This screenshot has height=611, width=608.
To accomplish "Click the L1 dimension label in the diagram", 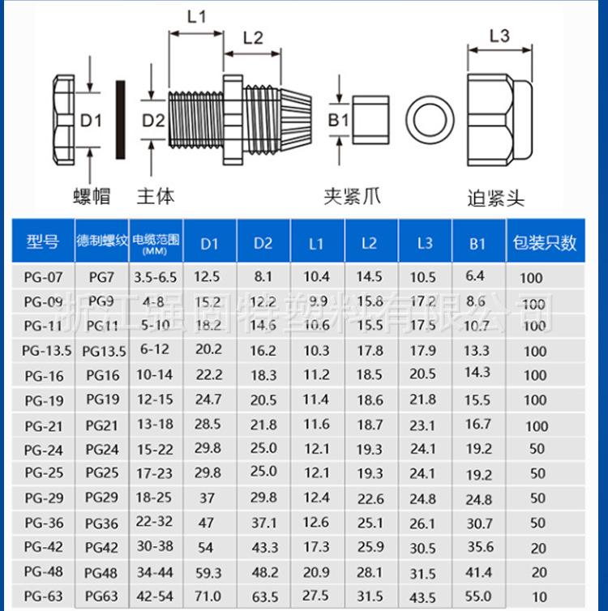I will click(x=197, y=15).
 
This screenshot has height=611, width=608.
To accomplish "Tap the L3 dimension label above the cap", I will click(x=499, y=36).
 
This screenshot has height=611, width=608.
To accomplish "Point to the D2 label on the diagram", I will click(x=154, y=121).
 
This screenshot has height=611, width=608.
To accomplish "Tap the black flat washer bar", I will click(x=122, y=121).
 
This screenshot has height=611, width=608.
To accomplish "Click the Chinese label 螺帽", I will click(x=91, y=195).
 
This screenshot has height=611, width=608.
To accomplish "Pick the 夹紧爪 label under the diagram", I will click(x=352, y=195).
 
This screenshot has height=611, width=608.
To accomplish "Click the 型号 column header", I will click(x=42, y=242).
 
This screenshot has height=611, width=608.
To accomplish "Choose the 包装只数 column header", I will click(x=544, y=242).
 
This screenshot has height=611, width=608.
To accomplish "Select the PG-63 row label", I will click(x=44, y=596).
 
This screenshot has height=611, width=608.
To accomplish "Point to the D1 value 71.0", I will click(x=209, y=597).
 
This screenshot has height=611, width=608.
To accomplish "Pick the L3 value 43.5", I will click(x=422, y=597).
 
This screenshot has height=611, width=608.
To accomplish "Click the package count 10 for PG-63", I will click(x=539, y=597).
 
